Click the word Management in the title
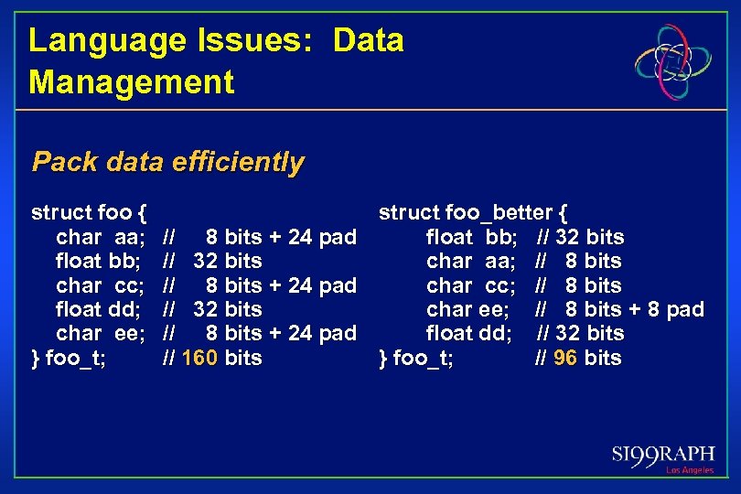pyautogui.click(x=131, y=82)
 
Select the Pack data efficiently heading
pyautogui.click(x=167, y=163)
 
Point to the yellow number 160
pyautogui.click(x=199, y=358)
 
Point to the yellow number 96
pyautogui.click(x=564, y=358)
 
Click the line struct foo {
pyautogui.click(x=89, y=213)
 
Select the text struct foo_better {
pyautogui.click(x=472, y=213)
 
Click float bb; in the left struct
pyautogui.click(x=98, y=261)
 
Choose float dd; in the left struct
pyautogui.click(x=98, y=309)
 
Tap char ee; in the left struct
pyautogui.click(x=100, y=333)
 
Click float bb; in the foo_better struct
pyautogui.click(x=471, y=237)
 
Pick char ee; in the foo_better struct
pyautogui.click(x=467, y=309)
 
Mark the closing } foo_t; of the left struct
pyautogui.click(x=68, y=358)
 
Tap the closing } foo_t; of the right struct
pyautogui.click(x=415, y=358)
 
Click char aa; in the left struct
pyautogui.click(x=100, y=237)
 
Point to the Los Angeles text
pyautogui.click(x=689, y=470)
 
